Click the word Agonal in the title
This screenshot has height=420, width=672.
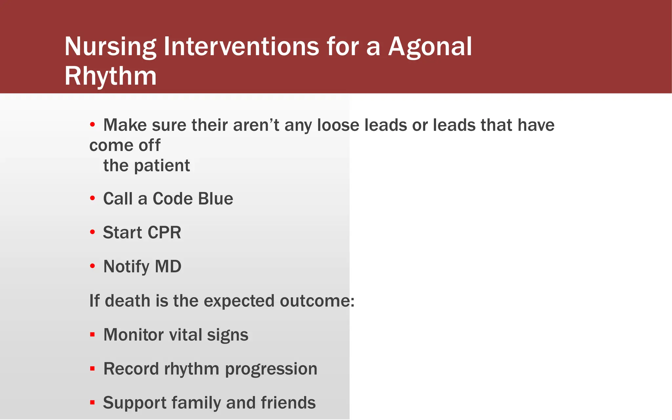tap(430, 47)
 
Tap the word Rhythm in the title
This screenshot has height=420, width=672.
tap(111, 76)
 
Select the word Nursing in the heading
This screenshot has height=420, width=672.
tap(110, 47)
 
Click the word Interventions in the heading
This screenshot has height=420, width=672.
tap(241, 46)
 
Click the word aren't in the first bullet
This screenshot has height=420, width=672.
tap(256, 125)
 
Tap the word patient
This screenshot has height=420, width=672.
tap(162, 166)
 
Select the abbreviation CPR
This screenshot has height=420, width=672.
tap(164, 233)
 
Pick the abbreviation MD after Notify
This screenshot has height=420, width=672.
tap(168, 266)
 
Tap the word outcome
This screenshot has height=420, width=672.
tap(317, 301)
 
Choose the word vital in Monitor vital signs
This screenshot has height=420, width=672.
tap(185, 335)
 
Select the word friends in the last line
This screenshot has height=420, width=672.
tap(288, 403)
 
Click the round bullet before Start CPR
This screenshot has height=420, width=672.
tap(93, 232)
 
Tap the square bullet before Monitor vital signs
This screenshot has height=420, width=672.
tap(93, 335)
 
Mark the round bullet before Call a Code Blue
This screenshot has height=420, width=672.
tap(93, 198)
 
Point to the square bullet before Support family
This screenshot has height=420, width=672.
tap(93, 402)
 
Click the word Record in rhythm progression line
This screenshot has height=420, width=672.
tap(131, 369)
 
